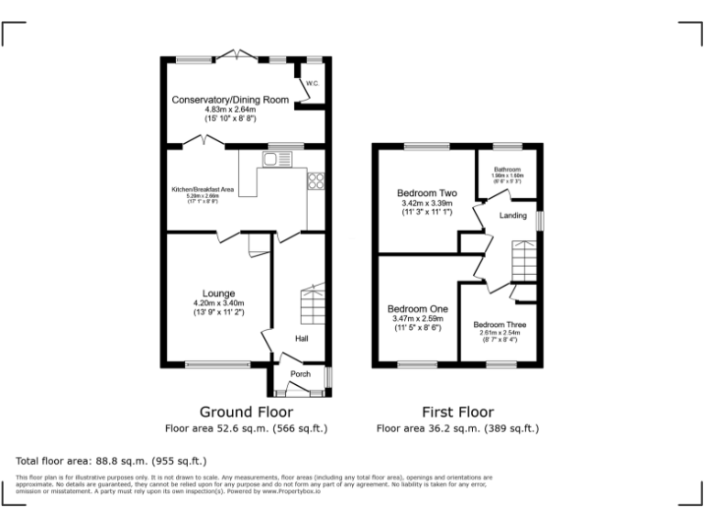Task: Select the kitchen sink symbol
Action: pyautogui.click(x=272, y=160)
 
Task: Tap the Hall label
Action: pyautogui.click(x=301, y=338)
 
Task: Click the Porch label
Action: pyautogui.click(x=301, y=374)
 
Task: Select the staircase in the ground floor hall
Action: pyautogui.click(x=313, y=303)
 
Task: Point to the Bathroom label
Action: pyautogui.click(x=507, y=170)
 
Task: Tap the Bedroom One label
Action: pyautogui.click(x=417, y=309)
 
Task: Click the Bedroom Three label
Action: pyautogui.click(x=500, y=324)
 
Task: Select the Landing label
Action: pyautogui.click(x=512, y=215)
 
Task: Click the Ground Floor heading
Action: pyautogui.click(x=246, y=412)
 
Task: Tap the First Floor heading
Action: pyautogui.click(x=457, y=412)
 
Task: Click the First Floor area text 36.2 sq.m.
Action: pyautogui.click(x=457, y=428)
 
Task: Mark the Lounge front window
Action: pyautogui.click(x=217, y=365)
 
